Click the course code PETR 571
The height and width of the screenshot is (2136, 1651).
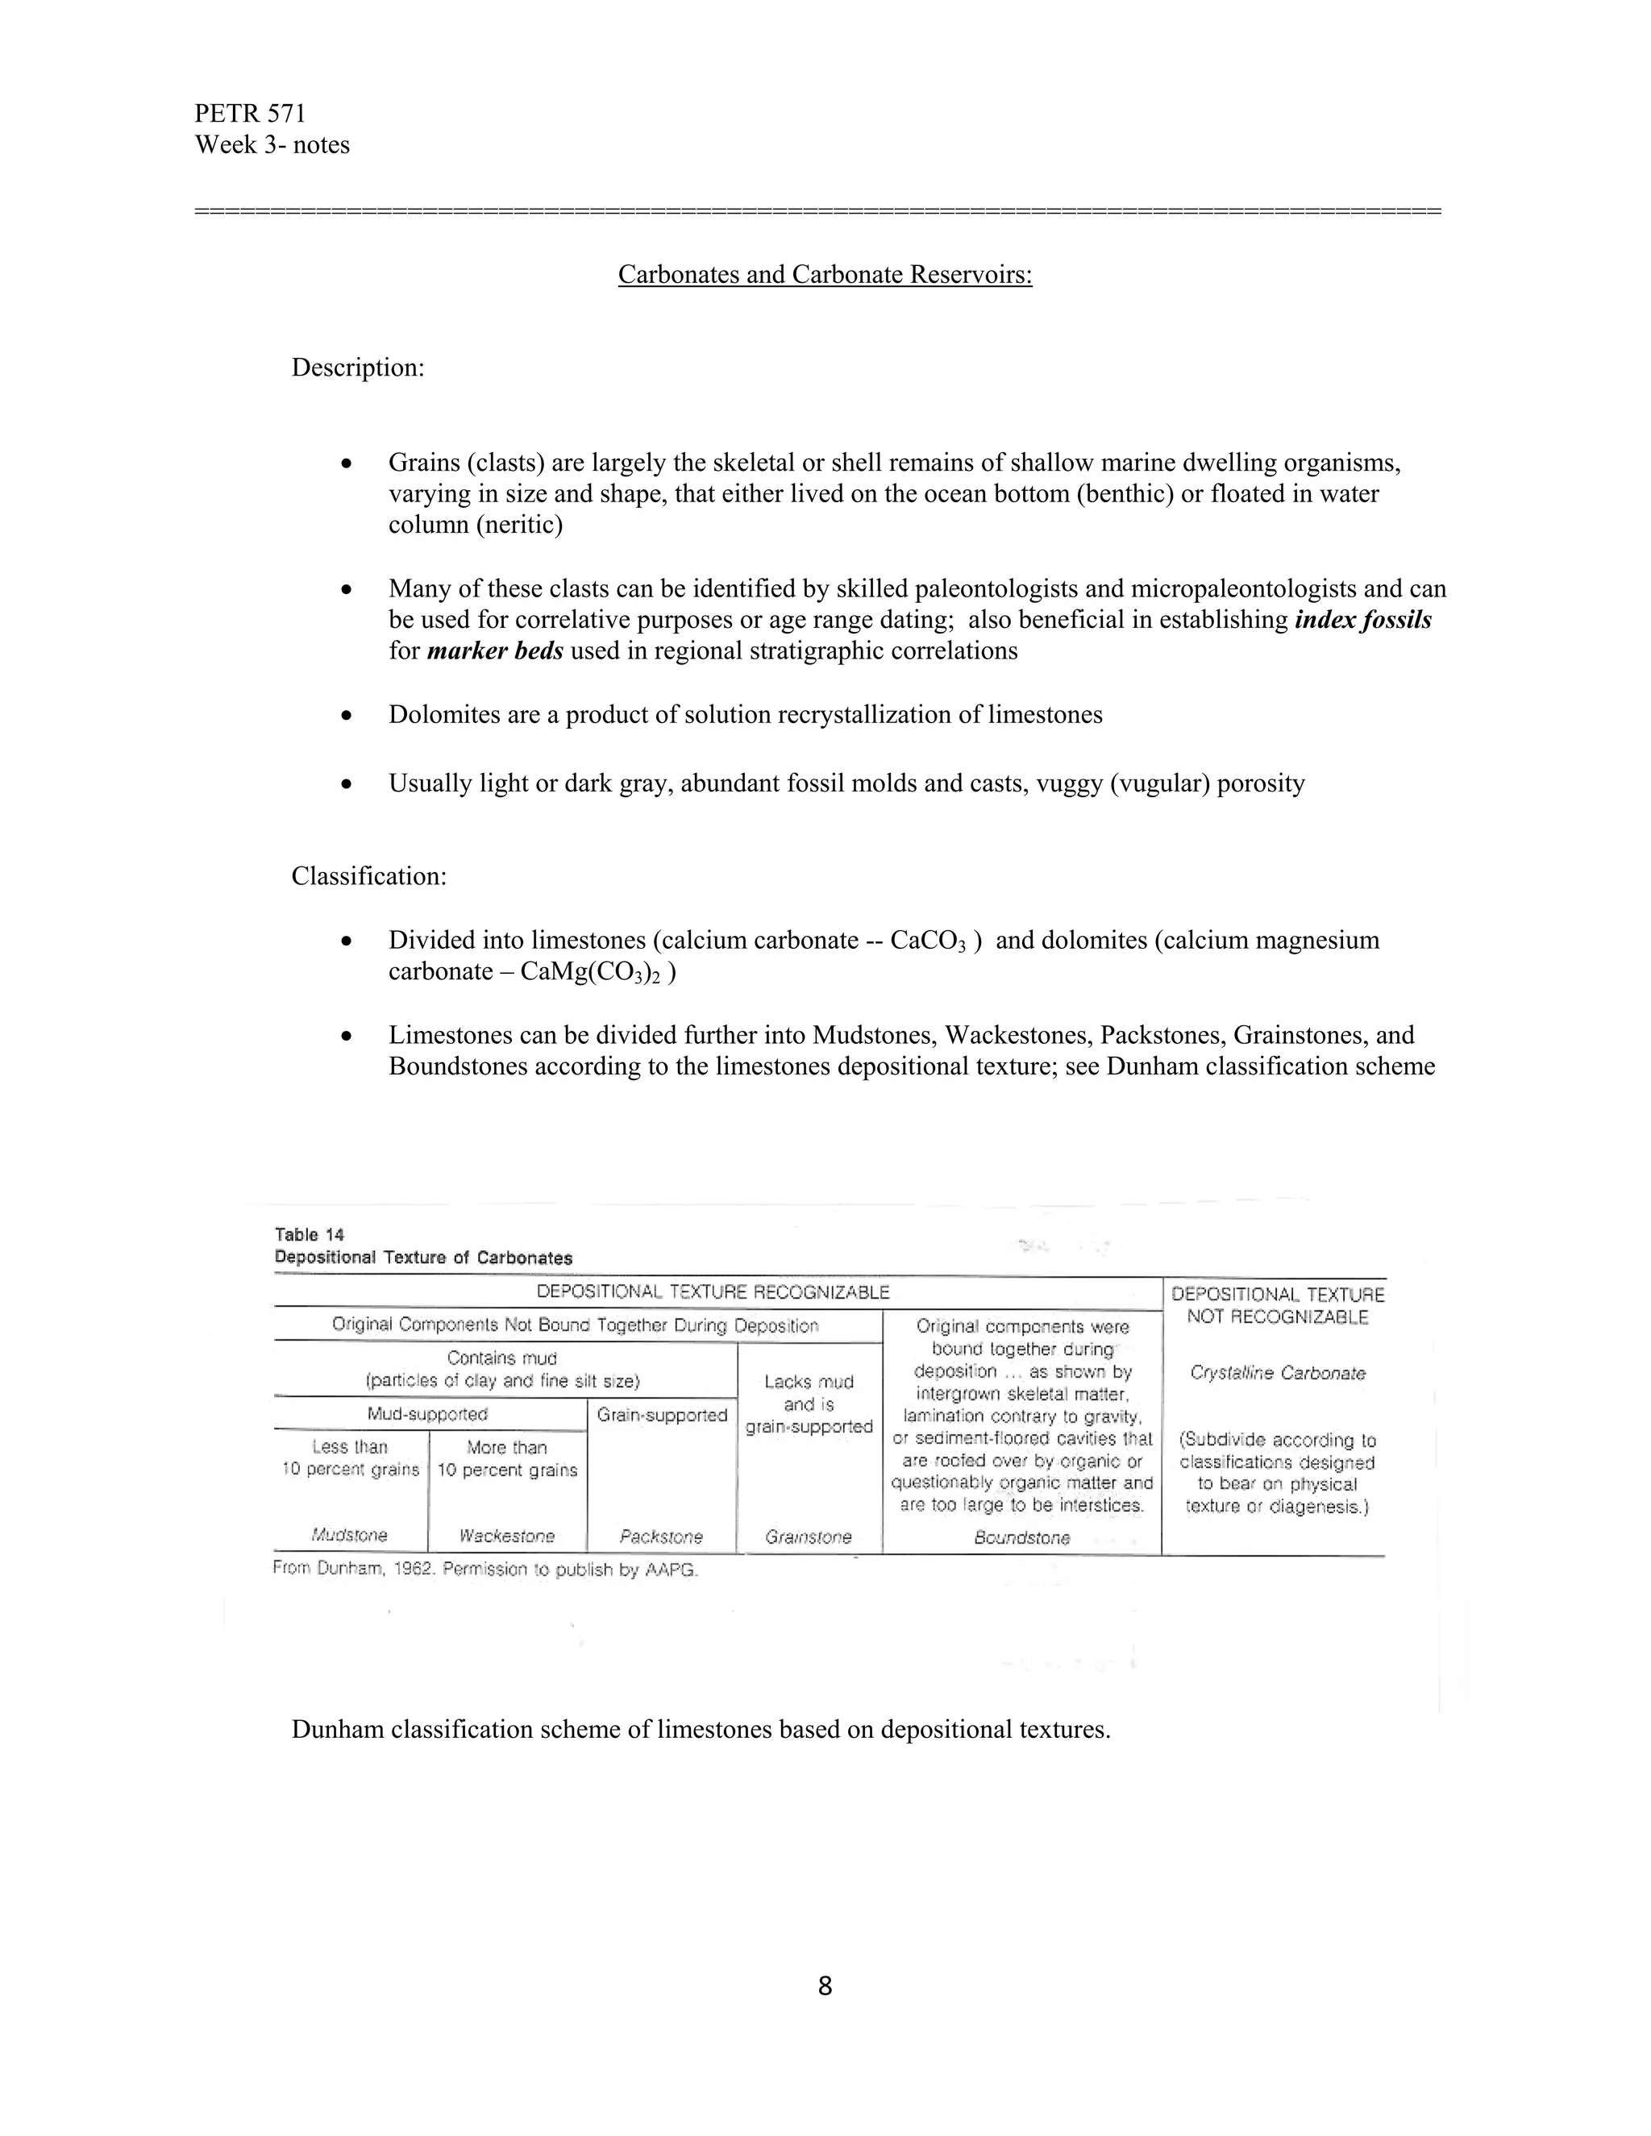[251, 114]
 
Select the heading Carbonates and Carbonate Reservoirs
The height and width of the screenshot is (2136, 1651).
[825, 275]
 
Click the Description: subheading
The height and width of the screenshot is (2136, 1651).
[358, 368]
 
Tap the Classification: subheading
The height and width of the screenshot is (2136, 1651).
[368, 875]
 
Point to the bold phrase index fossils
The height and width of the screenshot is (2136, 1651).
[1362, 620]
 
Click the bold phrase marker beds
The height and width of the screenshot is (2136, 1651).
[495, 651]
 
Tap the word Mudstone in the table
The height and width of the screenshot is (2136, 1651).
[349, 1536]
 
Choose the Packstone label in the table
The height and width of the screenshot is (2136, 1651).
[661, 1536]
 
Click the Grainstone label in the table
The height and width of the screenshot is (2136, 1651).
[809, 1536]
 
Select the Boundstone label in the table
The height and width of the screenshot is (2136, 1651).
[1022, 1537]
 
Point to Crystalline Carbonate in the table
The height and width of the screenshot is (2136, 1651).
[1278, 1373]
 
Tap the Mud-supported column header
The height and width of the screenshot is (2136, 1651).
[427, 1415]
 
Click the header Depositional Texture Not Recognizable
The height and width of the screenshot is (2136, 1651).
[1278, 1306]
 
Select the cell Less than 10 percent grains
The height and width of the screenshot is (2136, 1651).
[350, 1458]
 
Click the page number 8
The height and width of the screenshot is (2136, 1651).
[825, 1986]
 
